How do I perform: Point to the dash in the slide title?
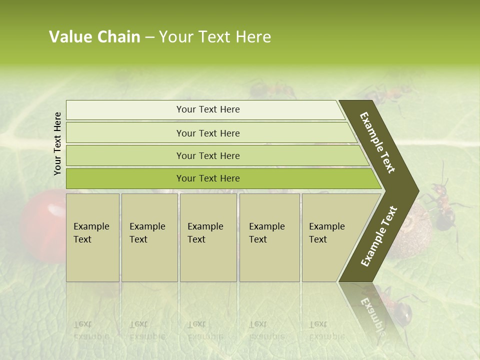149,37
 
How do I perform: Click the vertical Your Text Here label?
57,143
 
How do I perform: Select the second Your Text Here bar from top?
208,133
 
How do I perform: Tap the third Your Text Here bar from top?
208,155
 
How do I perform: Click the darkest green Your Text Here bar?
208,178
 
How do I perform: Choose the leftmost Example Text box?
92,237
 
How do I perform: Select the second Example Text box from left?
149,237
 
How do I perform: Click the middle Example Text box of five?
208,237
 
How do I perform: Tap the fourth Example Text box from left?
269,237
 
